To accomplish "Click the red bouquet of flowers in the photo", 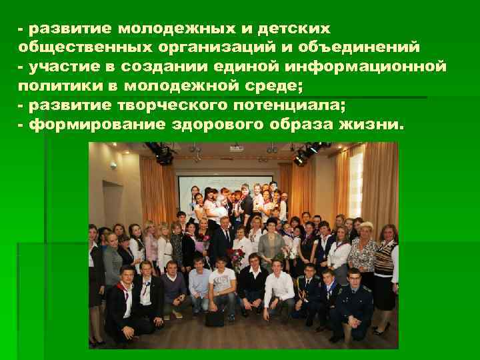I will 235,257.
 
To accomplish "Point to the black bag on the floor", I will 215,319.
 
